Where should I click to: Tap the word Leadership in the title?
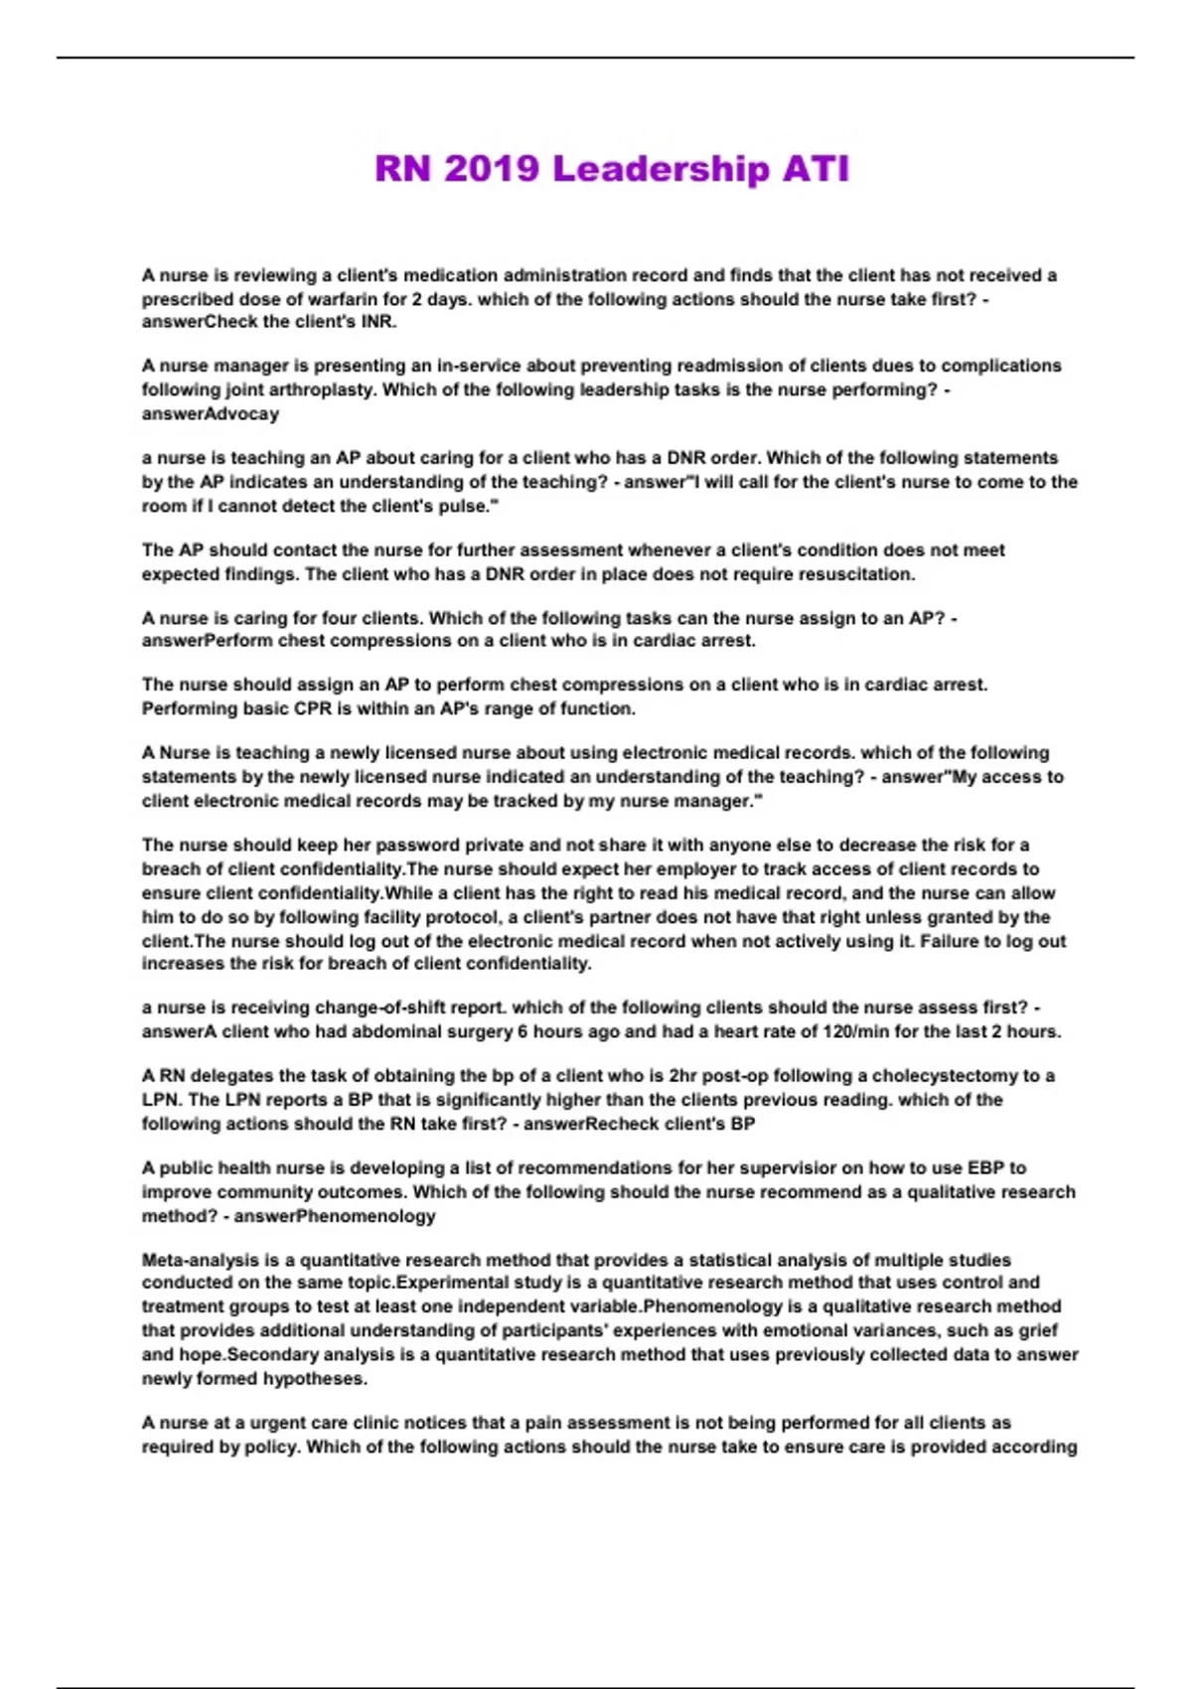660,169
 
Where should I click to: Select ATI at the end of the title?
816,169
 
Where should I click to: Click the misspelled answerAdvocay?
210,413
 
